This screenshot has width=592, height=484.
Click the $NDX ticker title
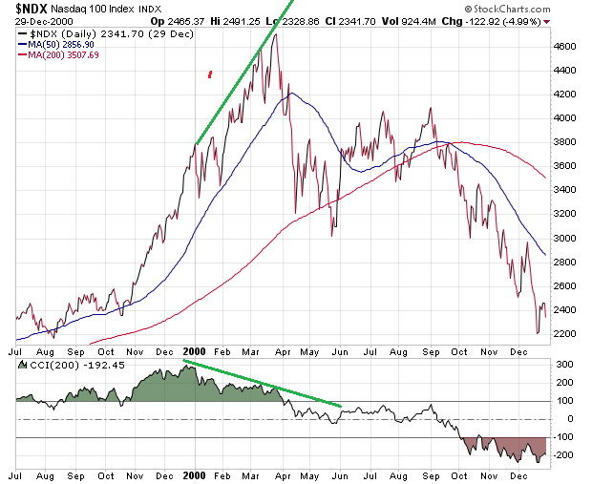[x=31, y=9]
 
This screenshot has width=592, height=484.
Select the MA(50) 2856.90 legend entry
[x=59, y=45]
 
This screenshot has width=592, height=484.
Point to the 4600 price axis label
[x=568, y=47]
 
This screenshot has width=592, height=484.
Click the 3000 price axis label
[x=568, y=238]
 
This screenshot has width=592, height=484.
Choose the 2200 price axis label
[x=568, y=333]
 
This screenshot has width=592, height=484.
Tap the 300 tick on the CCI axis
[x=565, y=365]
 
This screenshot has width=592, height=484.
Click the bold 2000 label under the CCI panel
[x=194, y=473]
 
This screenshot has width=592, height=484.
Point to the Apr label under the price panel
[x=284, y=351]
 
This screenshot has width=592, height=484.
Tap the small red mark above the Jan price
[x=210, y=73]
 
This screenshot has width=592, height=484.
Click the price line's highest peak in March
[x=276, y=35]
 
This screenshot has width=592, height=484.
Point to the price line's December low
[x=538, y=333]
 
